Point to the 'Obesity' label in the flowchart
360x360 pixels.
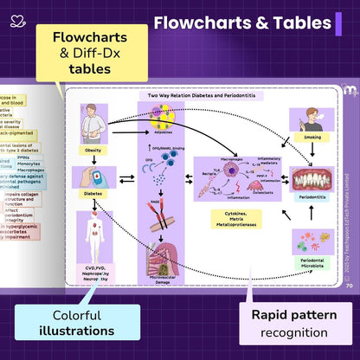tap(93, 148)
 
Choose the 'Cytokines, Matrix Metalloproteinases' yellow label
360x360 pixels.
tap(234, 215)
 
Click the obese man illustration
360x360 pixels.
tap(93, 123)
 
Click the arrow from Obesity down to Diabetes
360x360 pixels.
tap(93, 159)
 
